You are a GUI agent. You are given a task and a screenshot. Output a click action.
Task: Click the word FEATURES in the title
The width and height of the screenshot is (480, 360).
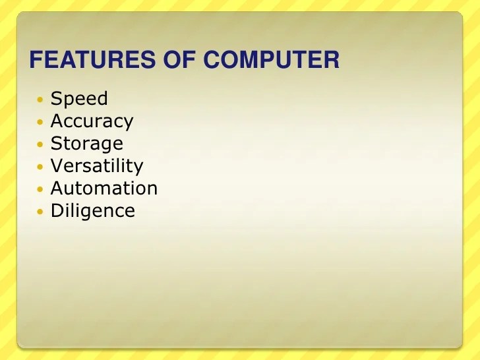point(92,61)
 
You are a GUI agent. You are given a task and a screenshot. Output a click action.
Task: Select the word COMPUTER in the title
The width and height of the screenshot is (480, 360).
point(271,61)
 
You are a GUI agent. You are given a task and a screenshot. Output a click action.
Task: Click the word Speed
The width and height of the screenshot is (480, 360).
point(79,99)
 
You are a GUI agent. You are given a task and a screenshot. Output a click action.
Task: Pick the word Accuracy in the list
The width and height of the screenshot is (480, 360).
point(92,121)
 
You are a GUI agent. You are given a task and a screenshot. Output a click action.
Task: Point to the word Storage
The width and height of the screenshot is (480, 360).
point(86,144)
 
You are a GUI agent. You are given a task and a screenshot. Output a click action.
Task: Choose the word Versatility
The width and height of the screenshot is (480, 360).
point(96,166)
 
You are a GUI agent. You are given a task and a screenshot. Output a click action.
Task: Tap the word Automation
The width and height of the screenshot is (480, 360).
point(104,189)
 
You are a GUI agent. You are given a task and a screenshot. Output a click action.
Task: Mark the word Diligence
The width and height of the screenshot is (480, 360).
point(92,211)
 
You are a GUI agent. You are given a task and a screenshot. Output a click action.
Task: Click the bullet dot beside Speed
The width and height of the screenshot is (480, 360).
point(40,100)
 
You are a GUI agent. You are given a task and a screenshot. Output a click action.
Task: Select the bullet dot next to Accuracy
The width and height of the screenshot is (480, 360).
point(40,123)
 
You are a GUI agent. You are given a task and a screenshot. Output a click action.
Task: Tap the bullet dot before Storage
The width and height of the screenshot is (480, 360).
point(40,145)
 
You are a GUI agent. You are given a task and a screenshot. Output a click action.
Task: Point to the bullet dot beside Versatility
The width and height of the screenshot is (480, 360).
point(40,167)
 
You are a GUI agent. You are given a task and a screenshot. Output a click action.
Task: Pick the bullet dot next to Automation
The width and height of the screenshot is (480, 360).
point(40,190)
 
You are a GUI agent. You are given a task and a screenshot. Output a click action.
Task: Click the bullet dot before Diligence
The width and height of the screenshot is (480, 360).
point(40,212)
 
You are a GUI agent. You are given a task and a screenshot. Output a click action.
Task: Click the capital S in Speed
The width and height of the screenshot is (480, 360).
point(56,99)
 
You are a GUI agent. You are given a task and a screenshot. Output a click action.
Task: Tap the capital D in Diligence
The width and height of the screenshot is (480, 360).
point(57,211)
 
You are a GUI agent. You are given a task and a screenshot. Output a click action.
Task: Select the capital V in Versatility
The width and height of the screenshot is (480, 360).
point(57,166)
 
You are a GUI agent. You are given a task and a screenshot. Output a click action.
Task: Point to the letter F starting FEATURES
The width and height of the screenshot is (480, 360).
point(36,61)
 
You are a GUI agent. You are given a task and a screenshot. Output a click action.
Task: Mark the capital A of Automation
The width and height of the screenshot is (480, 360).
point(57,189)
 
